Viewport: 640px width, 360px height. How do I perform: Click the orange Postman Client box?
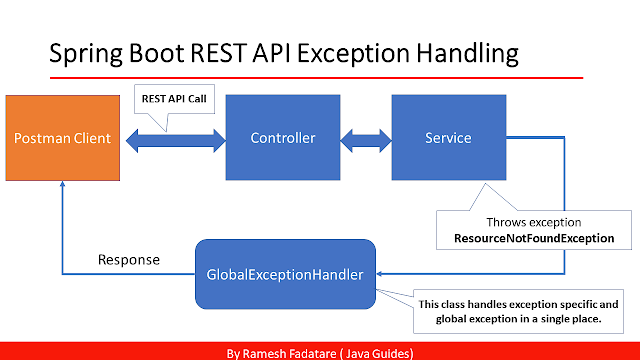point(62,137)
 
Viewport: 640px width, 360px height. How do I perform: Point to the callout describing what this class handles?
point(518,310)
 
